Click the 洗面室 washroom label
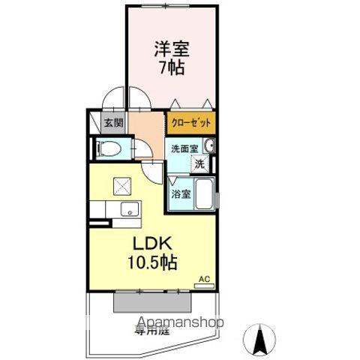click(x=184, y=148)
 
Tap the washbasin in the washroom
click(x=211, y=146)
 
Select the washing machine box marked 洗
click(x=199, y=163)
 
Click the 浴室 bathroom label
click(x=179, y=193)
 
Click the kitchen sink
click(x=128, y=208)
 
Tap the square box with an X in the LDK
click(x=122, y=185)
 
